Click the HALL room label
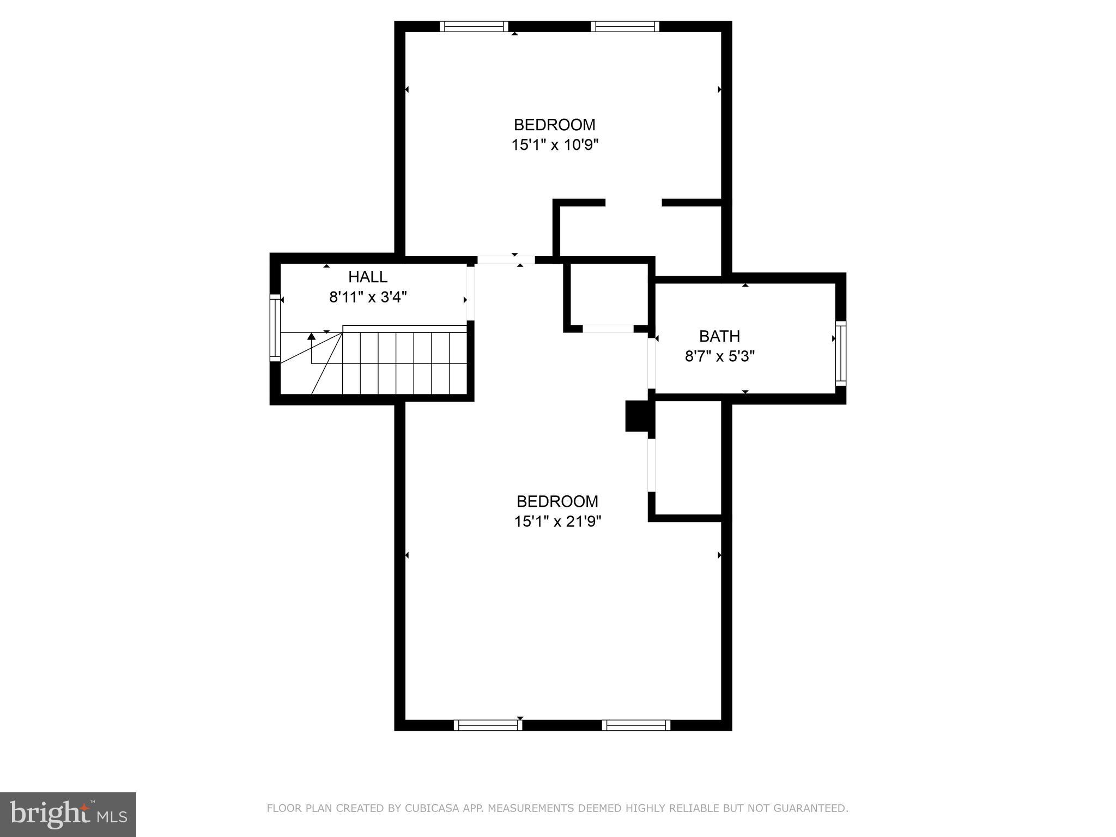(368, 277)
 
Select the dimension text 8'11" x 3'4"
(368, 298)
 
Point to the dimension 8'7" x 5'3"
(719, 357)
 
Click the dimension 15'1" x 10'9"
(555, 145)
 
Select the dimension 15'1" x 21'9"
(557, 522)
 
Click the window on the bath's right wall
(841, 353)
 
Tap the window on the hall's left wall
(275, 327)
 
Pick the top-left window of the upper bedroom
(474, 26)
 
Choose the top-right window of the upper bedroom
(625, 26)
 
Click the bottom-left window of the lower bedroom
(488, 725)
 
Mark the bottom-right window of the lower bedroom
(636, 725)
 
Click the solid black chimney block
(636, 416)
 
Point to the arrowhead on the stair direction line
(311, 337)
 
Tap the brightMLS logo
(68, 814)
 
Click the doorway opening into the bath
(651, 362)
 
